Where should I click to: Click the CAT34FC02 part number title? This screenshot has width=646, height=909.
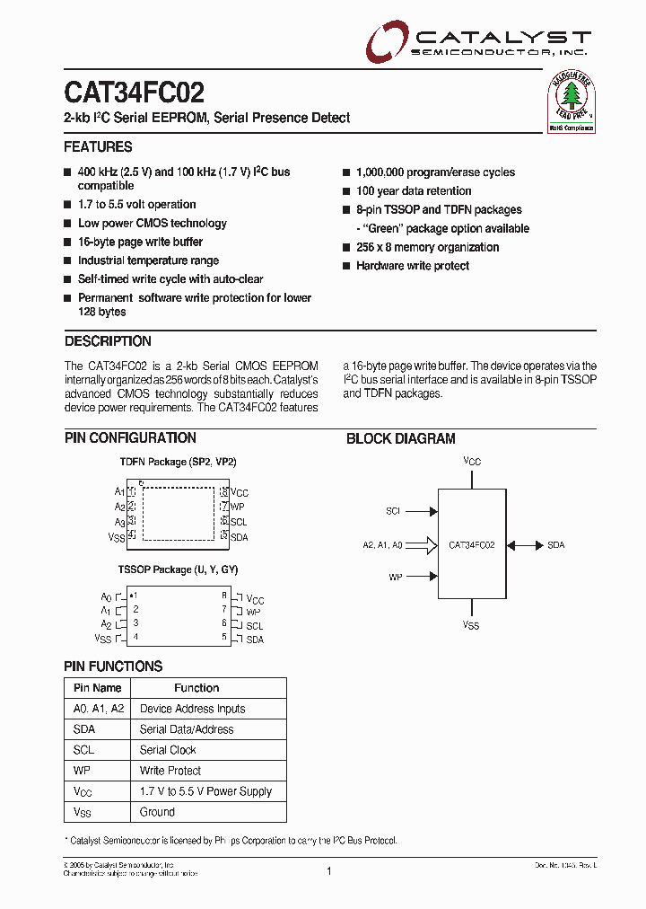(134, 93)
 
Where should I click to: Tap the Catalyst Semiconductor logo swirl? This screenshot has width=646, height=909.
(387, 43)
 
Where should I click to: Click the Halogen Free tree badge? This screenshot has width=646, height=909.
(572, 102)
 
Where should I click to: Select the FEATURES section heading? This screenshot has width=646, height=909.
(98, 147)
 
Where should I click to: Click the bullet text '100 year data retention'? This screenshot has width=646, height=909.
(413, 191)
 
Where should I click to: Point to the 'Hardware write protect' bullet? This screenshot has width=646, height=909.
(412, 266)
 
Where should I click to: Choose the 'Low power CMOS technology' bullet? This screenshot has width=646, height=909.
(152, 224)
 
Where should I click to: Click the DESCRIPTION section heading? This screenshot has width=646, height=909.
(108, 341)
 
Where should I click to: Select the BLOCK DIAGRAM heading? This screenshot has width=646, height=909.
(401, 439)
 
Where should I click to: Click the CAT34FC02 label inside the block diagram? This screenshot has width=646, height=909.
(472, 545)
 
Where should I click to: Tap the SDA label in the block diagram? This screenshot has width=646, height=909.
(555, 545)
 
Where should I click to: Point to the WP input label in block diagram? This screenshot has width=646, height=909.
(395, 577)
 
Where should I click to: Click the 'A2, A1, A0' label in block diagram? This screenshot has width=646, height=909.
(382, 545)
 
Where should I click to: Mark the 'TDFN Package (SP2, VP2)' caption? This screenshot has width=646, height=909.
(178, 462)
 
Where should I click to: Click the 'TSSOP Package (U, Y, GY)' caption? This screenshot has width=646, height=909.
(178, 569)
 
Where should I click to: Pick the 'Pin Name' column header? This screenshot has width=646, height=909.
(97, 688)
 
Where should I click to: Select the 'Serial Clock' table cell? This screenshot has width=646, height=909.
(168, 750)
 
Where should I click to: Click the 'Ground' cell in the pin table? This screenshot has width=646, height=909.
(157, 812)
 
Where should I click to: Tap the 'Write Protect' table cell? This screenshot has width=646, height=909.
(170, 771)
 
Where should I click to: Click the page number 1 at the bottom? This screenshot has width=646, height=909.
(329, 870)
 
